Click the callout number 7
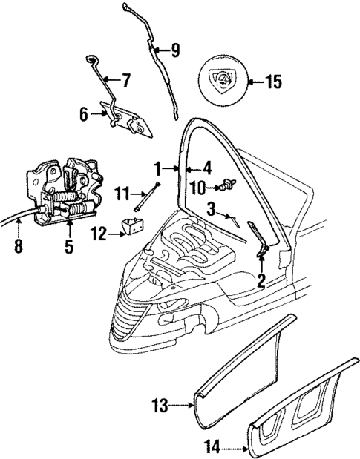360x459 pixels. (x=125, y=78)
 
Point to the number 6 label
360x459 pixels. (x=85, y=113)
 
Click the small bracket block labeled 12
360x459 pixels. (x=133, y=228)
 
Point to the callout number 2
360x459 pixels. (x=261, y=280)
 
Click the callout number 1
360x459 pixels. (x=157, y=168)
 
